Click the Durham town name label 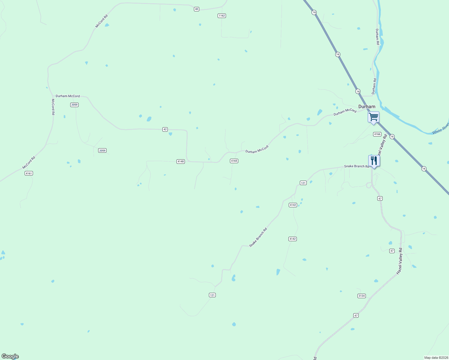(366, 106)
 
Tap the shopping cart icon (373, 117)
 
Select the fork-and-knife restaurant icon (374, 160)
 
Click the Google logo (10, 356)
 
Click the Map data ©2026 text (436, 358)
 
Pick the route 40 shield (196, 9)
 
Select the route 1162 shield (221, 16)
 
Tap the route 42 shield (165, 129)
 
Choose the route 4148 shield (180, 161)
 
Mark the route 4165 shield (234, 161)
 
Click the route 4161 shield (29, 173)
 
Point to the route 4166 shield (377, 134)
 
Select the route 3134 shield (361, 296)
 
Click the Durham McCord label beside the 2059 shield (68, 96)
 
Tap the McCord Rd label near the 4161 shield (29, 162)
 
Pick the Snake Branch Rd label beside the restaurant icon (357, 166)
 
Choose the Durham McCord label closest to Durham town (345, 112)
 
